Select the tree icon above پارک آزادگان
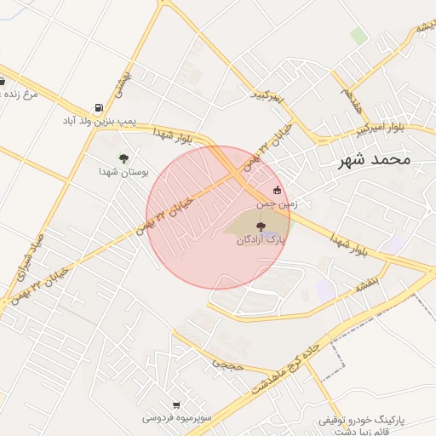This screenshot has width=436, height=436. pyautogui.click(x=261, y=227)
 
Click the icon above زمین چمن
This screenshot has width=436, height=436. pyautogui.click(x=276, y=191)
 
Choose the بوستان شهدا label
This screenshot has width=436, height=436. pyautogui.click(x=123, y=171)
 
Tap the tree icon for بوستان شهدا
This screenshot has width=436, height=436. pyautogui.click(x=123, y=158)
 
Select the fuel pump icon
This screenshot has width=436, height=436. pyautogui.click(x=100, y=108)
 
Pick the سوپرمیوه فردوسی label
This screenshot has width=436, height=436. pyautogui.click(x=175, y=419)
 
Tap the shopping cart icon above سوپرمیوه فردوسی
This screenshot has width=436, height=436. pyautogui.click(x=175, y=405)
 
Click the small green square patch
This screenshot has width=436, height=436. pyautogui.click(x=359, y=37)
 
